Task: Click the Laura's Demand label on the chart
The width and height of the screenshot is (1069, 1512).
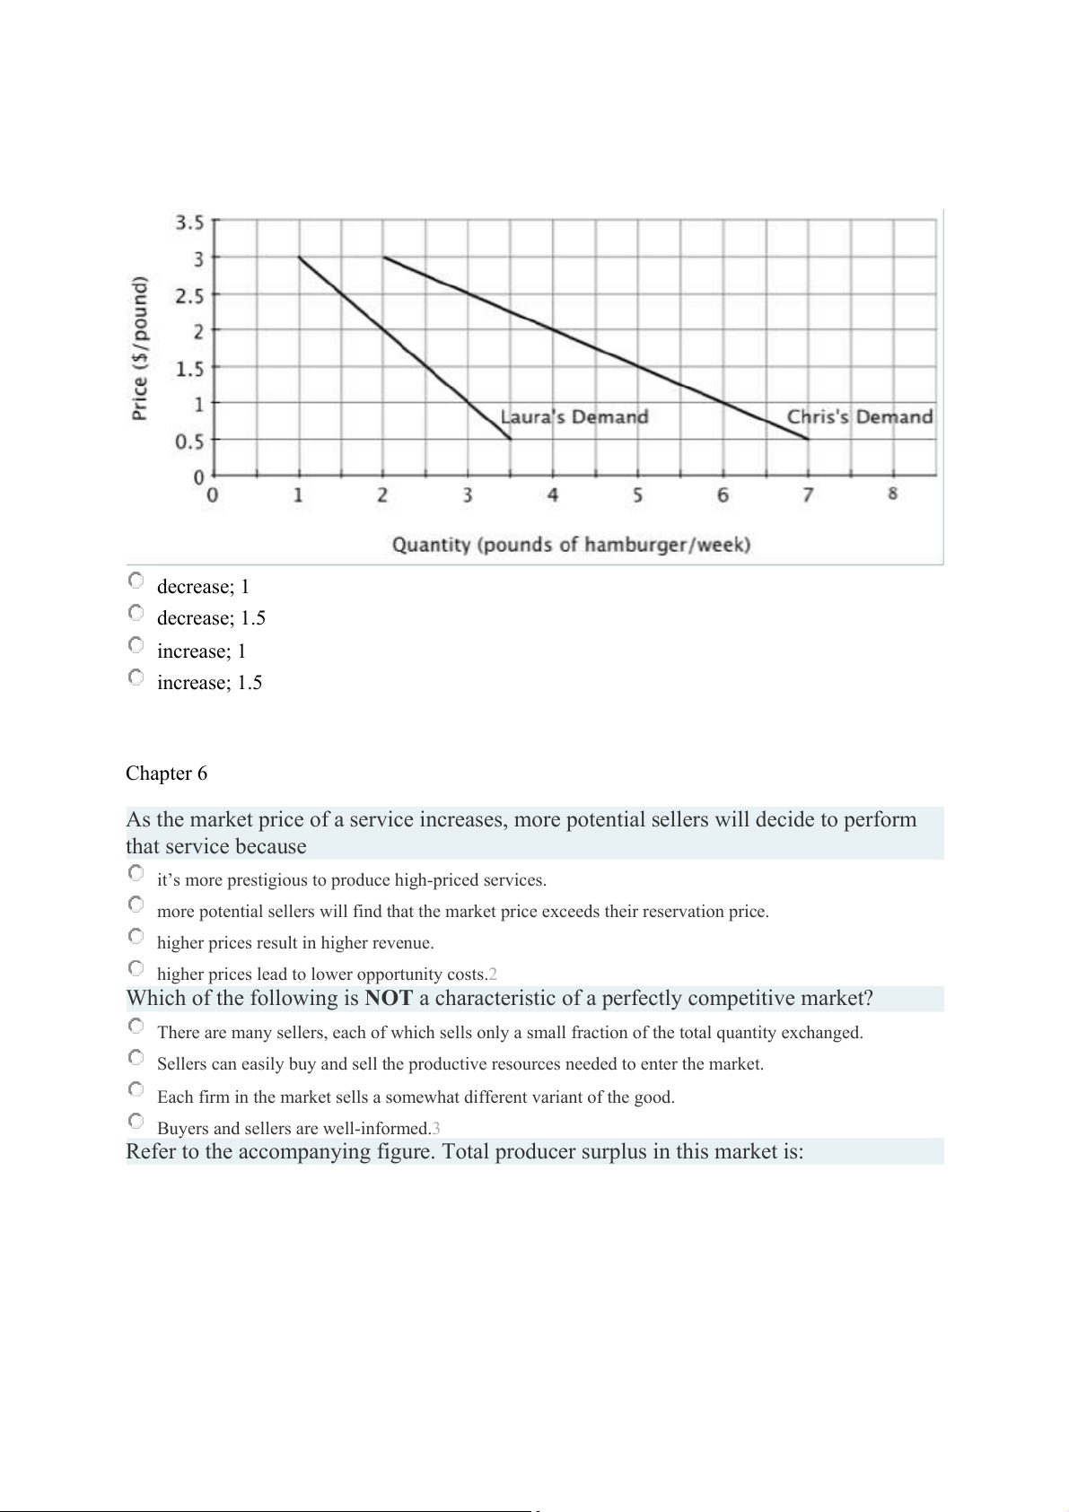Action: [574, 417]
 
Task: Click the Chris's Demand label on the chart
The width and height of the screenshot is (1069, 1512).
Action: [859, 417]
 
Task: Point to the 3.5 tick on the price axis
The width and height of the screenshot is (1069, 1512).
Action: [189, 222]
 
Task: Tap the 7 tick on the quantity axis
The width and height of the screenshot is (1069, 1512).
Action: [808, 494]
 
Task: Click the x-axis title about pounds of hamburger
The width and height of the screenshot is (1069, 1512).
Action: [571, 545]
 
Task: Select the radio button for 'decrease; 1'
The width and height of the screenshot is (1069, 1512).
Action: [136, 581]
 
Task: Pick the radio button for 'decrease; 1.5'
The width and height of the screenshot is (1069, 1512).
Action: [136, 613]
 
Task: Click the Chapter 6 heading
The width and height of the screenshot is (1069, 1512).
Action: [166, 773]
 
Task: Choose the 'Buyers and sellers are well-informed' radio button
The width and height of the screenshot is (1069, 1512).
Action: [136, 1122]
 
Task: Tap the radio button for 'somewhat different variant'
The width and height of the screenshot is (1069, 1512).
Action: [136, 1090]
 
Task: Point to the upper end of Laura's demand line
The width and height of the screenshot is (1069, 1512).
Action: [299, 258]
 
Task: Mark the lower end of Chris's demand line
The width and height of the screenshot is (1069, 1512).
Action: [808, 439]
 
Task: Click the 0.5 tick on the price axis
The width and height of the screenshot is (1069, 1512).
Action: [189, 441]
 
